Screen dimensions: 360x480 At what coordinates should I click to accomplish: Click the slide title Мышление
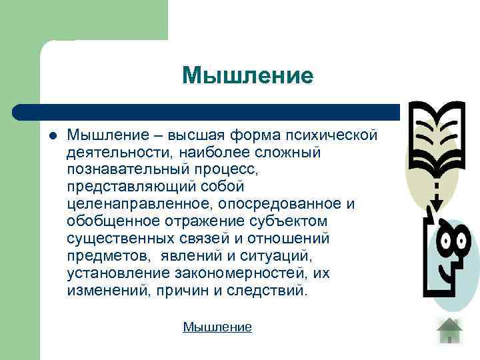tap(247, 75)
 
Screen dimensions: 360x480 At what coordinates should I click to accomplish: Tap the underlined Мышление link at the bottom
tap(217, 327)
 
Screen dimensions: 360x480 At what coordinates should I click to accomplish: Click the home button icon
tap(450, 330)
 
